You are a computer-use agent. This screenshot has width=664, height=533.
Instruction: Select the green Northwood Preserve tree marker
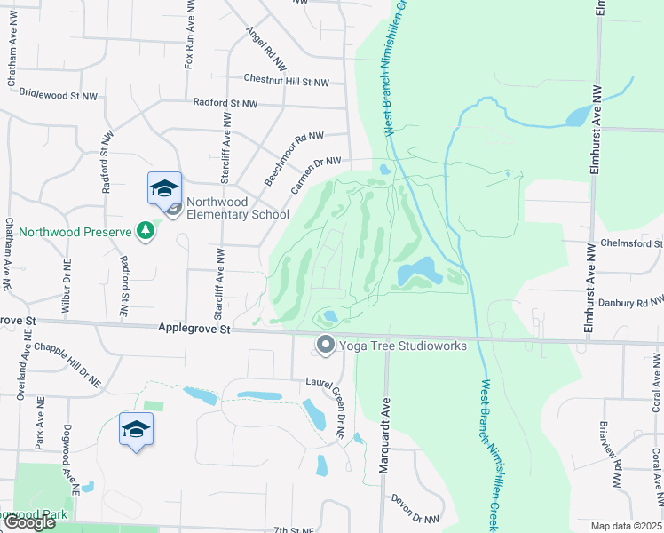pyautogui.click(x=146, y=232)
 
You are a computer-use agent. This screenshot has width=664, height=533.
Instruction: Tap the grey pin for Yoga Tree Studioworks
pyautogui.click(x=326, y=345)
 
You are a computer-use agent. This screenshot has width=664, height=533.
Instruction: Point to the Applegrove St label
pyautogui.click(x=194, y=329)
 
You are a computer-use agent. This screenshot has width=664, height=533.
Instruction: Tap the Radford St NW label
pyautogui.click(x=225, y=104)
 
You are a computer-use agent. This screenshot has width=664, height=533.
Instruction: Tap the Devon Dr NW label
pyautogui.click(x=415, y=509)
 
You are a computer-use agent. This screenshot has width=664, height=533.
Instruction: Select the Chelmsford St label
pyautogui.click(x=632, y=243)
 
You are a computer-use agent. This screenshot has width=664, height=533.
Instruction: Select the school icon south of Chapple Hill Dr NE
pyautogui.click(x=136, y=429)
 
